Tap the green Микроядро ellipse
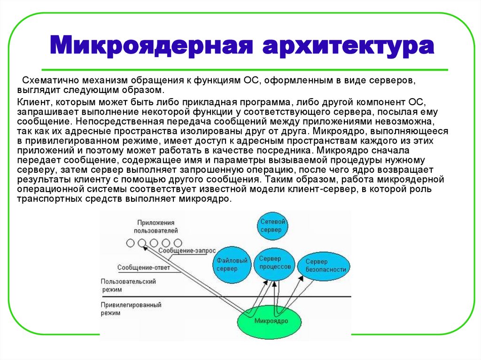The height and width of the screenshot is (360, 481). (x=271, y=321)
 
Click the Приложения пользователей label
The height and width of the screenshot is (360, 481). (x=156, y=226)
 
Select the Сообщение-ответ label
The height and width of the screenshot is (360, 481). (x=144, y=268)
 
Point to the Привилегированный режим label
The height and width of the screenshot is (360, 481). (x=131, y=308)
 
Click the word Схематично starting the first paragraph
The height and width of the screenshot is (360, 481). (x=50, y=81)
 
